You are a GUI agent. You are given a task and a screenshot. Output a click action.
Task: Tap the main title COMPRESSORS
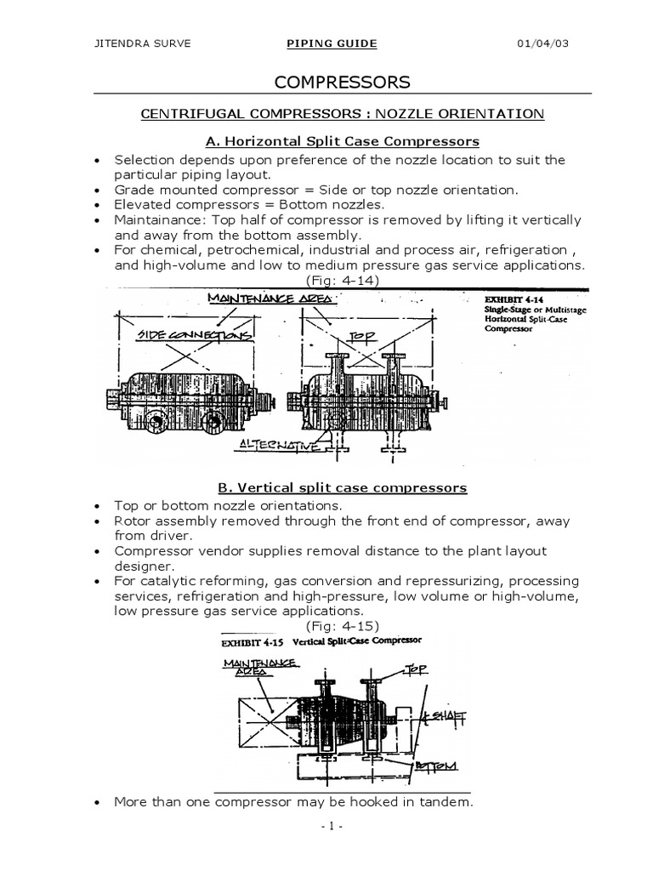tap(342, 83)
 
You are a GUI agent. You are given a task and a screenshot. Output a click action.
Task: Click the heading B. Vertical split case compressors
tap(343, 487)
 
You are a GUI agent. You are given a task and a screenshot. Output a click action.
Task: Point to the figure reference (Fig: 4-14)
tap(342, 280)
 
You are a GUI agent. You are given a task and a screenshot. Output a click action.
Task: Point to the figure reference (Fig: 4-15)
tap(342, 626)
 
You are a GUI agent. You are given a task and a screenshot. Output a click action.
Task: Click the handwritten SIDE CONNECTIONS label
tap(196, 336)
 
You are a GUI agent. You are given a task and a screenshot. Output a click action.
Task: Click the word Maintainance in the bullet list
tap(159, 220)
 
